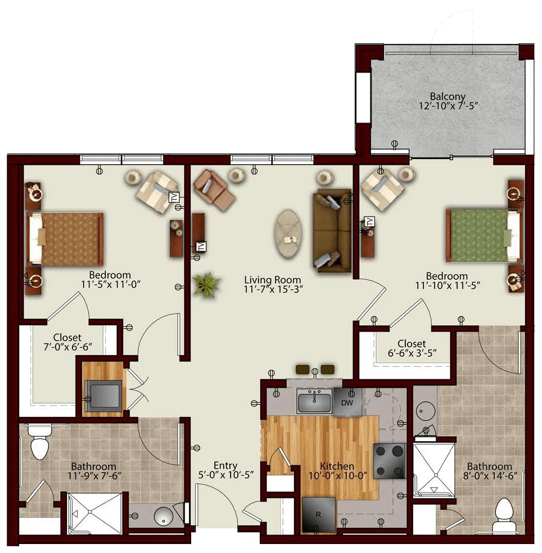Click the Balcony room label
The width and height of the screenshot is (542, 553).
[448, 96]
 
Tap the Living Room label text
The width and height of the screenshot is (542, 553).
[273, 280]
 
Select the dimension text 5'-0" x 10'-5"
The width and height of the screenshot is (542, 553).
[226, 475]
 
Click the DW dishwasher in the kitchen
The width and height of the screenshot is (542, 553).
[347, 402]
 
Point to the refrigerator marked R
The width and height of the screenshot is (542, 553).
[319, 515]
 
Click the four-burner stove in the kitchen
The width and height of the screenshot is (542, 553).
[390, 461]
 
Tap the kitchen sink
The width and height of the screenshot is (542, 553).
[314, 401]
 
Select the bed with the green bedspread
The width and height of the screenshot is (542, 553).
[484, 235]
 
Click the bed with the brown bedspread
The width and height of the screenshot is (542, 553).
[65, 239]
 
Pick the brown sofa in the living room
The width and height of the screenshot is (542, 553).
[332, 231]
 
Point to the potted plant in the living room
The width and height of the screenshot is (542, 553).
[206, 284]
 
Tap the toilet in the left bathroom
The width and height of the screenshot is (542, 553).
[39, 443]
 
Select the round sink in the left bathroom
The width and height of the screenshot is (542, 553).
[163, 516]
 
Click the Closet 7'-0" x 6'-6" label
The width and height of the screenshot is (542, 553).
[67, 342]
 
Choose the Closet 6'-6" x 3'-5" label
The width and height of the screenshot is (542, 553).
[412, 348]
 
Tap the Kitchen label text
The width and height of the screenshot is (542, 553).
[337, 466]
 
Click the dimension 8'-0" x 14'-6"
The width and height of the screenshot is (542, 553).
[490, 476]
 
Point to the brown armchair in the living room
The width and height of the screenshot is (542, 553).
[214, 190]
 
